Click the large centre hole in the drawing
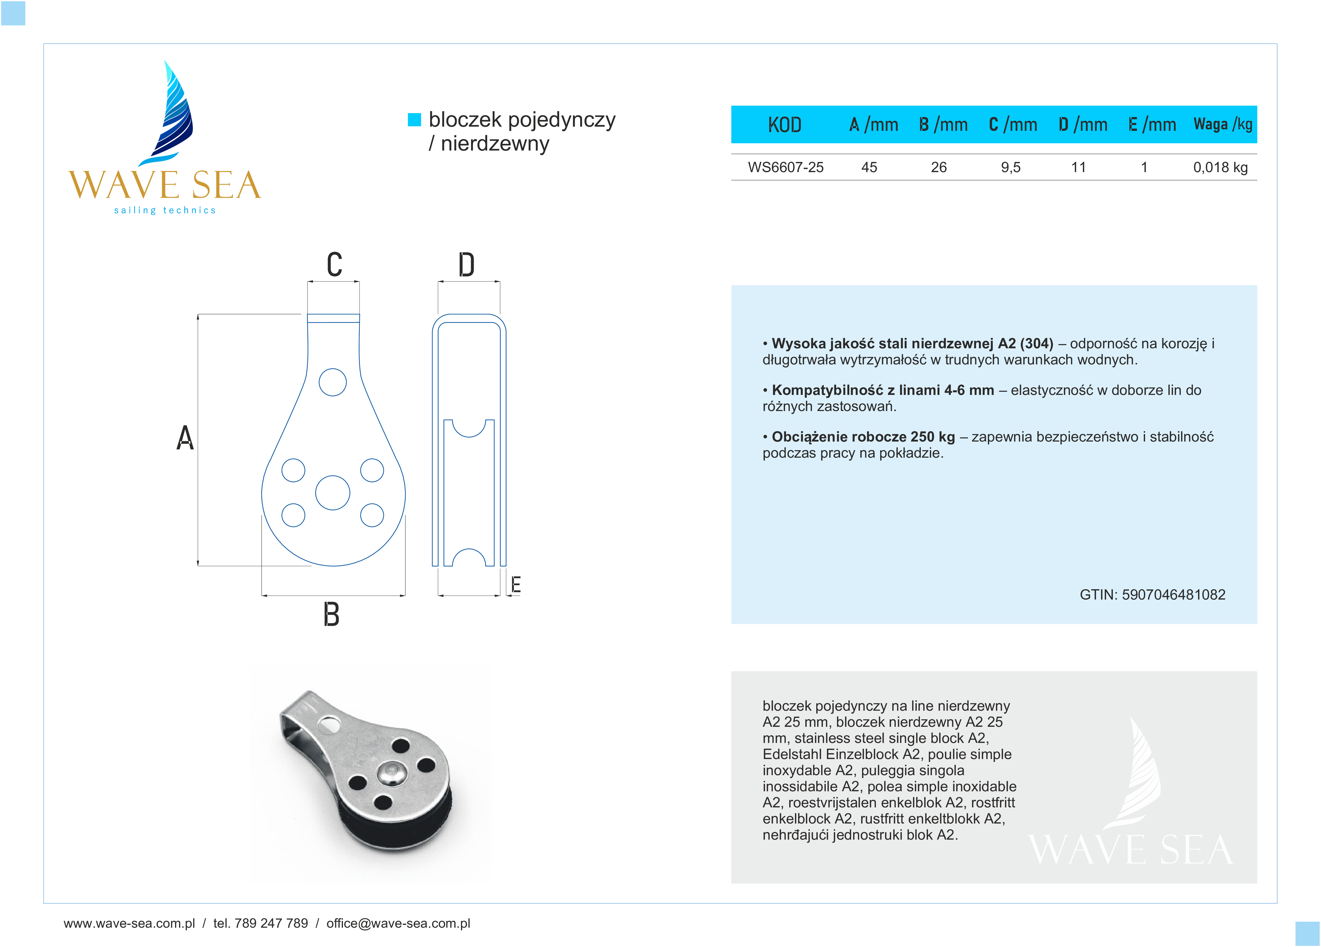pyautogui.click(x=333, y=493)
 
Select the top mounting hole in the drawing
pyautogui.click(x=333, y=383)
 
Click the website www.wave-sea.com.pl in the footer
pyautogui.click(x=129, y=923)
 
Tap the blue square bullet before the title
pyautogui.click(x=414, y=119)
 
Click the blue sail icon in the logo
pyautogui.click(x=174, y=114)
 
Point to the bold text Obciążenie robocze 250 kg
pyautogui.click(x=863, y=437)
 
